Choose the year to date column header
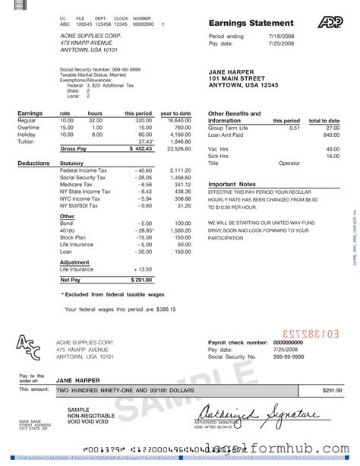(x=175, y=113)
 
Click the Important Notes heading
(x=232, y=185)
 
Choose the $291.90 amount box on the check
(x=332, y=390)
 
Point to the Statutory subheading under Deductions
(x=71, y=163)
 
